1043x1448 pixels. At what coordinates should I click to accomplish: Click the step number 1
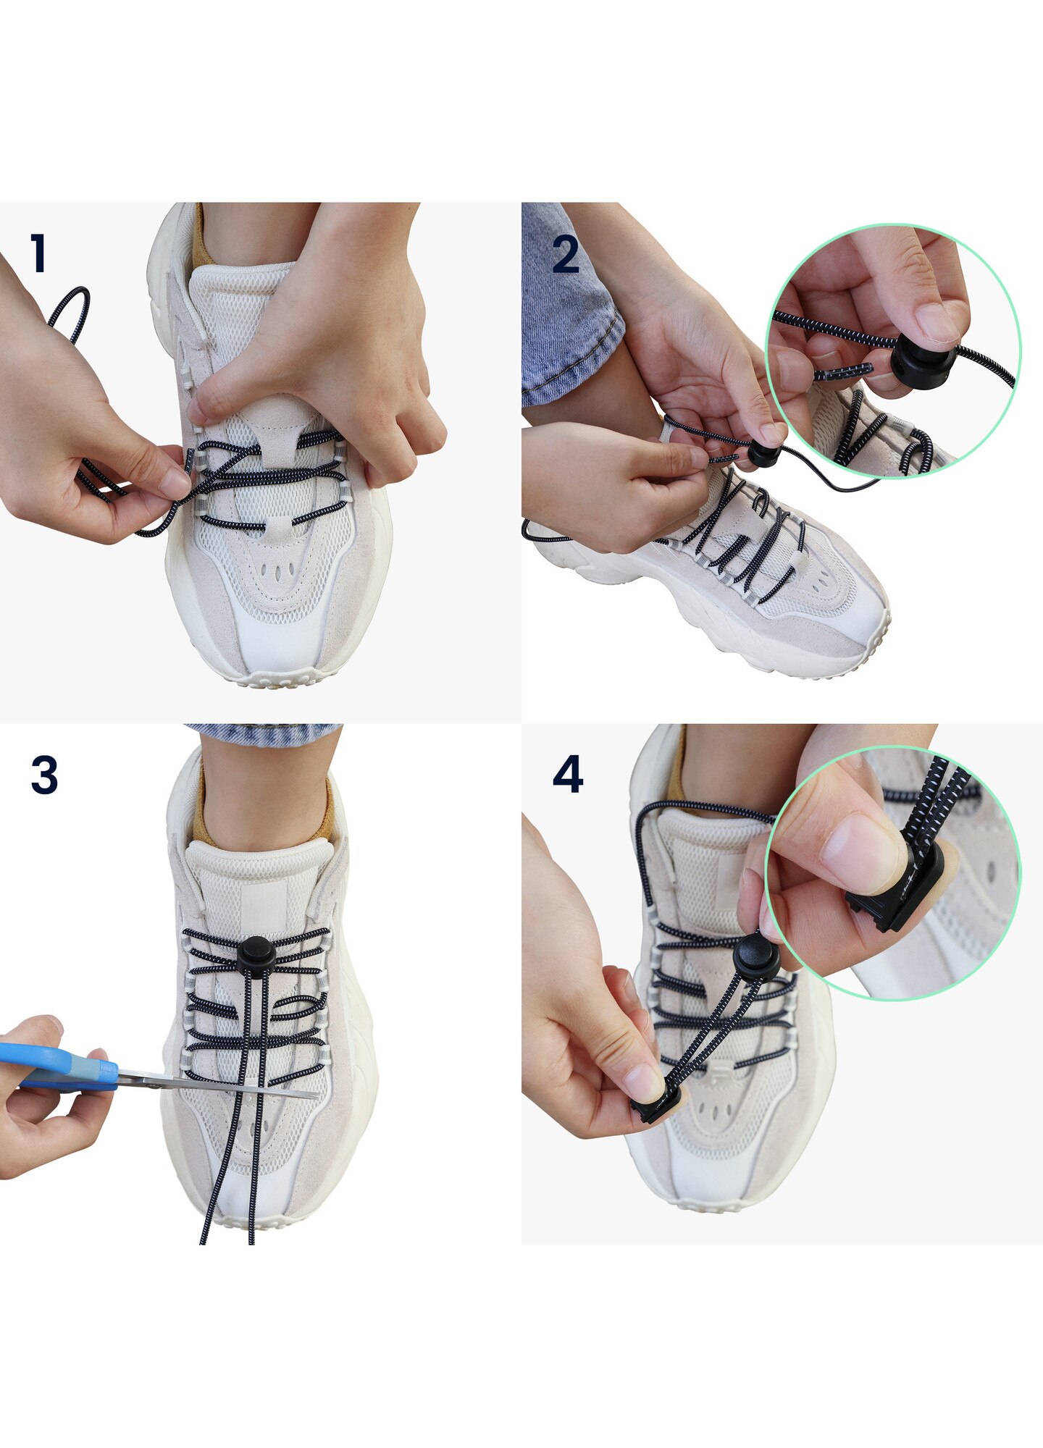[39, 253]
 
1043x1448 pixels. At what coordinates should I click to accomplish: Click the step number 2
[566, 255]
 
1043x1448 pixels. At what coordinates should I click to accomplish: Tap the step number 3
[44, 775]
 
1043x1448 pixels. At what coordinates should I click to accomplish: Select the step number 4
[568, 775]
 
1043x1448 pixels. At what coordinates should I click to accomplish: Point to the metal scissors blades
[217, 1085]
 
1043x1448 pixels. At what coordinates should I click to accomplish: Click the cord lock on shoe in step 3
[257, 954]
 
